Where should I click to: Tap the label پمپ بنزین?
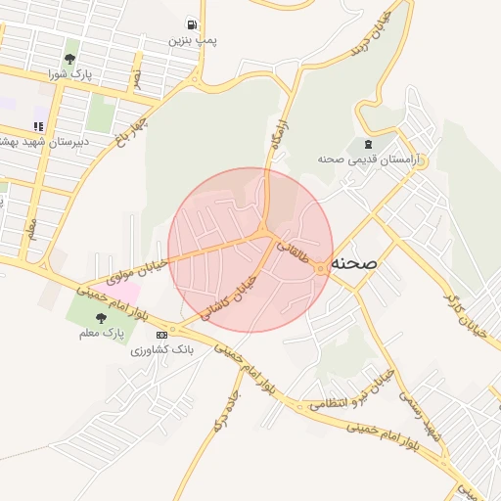tap(192, 40)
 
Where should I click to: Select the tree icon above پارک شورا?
tap(70, 46)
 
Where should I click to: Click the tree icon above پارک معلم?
tap(100, 318)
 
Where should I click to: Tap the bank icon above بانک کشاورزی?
tap(161, 335)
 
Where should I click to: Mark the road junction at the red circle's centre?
tap(264, 233)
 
